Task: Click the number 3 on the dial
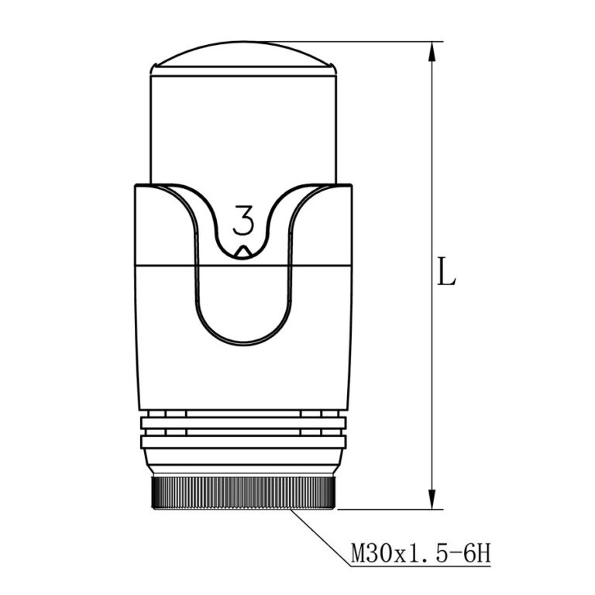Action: click(x=242, y=220)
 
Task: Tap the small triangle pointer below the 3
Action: click(x=242, y=252)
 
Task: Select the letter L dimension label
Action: click(x=446, y=271)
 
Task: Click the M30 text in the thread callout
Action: click(x=372, y=554)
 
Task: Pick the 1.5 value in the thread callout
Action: click(x=428, y=554)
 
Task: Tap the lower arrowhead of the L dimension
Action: click(x=432, y=499)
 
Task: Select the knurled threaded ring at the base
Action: click(x=242, y=493)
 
